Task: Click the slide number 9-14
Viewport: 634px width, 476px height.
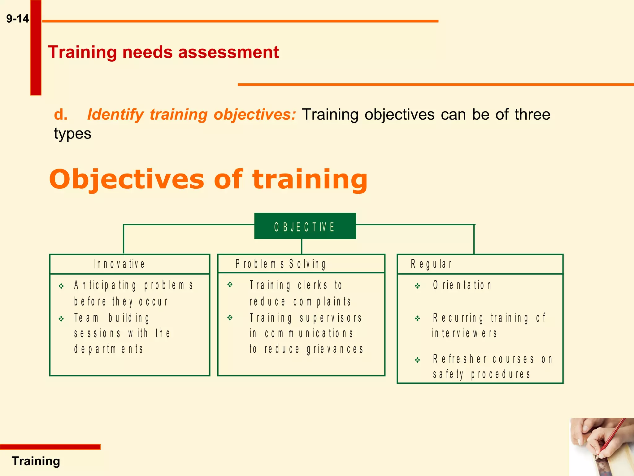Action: (18, 19)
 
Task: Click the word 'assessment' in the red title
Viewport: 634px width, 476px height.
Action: (228, 52)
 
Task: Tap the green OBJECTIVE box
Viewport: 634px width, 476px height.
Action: (305, 226)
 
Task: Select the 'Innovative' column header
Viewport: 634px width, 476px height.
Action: (119, 264)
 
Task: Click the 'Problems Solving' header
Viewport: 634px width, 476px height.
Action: (280, 264)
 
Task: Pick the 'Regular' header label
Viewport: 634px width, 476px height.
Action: (431, 264)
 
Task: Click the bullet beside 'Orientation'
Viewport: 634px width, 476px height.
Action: (418, 286)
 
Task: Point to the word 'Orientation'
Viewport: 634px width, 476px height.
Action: (462, 285)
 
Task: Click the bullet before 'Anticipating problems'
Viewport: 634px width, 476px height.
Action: (61, 286)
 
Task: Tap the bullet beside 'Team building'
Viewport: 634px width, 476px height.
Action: (61, 319)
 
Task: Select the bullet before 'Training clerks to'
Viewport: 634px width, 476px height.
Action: (230, 284)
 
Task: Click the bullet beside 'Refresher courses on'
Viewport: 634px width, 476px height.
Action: (418, 360)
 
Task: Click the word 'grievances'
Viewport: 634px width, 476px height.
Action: (335, 349)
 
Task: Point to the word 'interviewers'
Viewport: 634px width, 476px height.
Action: (464, 333)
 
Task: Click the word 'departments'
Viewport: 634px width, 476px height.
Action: (108, 349)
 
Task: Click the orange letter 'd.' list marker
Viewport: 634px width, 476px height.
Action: (61, 115)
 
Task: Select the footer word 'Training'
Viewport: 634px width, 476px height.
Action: (36, 461)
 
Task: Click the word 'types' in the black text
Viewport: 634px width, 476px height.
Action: (72, 134)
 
